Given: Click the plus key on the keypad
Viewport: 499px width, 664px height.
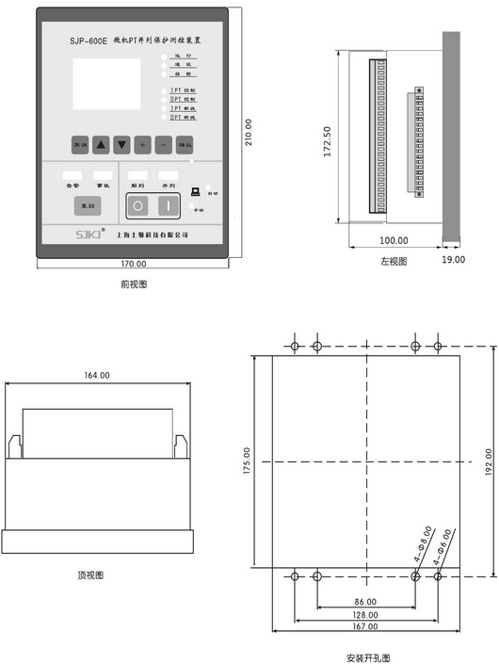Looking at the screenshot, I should pos(142,145).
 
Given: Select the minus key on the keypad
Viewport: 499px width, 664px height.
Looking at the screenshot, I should pos(163,145).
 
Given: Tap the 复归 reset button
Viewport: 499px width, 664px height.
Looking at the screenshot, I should pos(87,204).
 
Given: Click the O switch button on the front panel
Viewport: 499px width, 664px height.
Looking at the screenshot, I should pos(138,204).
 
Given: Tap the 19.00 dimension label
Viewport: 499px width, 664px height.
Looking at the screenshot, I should pos(453,259).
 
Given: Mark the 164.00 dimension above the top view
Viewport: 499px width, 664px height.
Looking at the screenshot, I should pos(97,375).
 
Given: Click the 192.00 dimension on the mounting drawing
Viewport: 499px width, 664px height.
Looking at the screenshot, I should pos(489,461).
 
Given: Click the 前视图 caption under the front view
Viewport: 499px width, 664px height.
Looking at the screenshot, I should pos(134,283).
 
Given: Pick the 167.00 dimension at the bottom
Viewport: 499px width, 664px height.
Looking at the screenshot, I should pos(365,627).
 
